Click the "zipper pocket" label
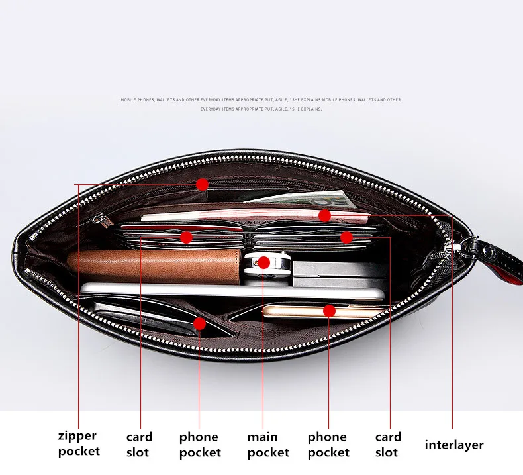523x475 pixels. [x=79, y=443]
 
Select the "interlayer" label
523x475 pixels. [x=454, y=445]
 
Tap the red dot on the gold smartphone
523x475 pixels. [x=329, y=310]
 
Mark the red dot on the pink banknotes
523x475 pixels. [x=324, y=215]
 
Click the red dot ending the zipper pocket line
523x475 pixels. [x=202, y=184]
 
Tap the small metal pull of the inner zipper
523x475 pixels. [x=98, y=219]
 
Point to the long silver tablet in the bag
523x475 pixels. [x=232, y=291]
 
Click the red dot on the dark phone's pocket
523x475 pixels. [x=199, y=323]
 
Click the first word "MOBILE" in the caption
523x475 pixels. [x=128, y=100]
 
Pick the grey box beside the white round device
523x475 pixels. [x=331, y=268]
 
